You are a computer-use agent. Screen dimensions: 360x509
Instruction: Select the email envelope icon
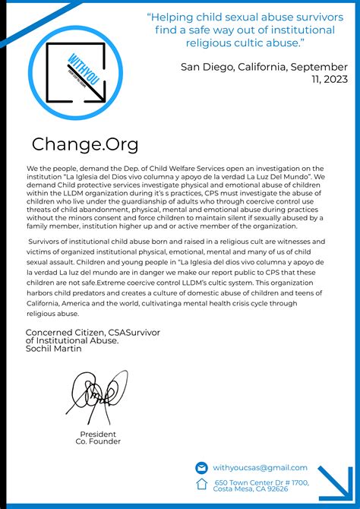(201, 468)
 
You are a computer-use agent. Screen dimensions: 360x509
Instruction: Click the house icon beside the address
(201, 484)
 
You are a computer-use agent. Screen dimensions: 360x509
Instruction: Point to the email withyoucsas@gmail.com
(260, 468)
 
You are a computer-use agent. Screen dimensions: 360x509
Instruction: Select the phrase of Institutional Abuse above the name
(72, 340)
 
